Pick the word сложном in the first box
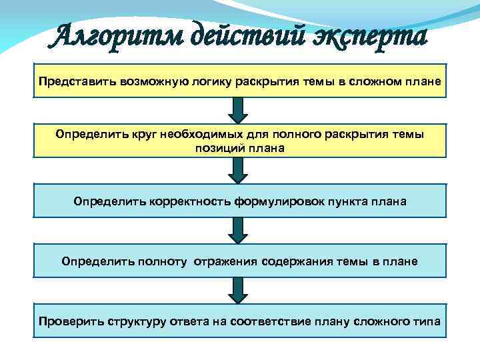pos(379,81)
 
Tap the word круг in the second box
pos(143,135)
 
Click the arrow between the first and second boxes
pos(238,109)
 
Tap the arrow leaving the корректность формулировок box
pos(238,230)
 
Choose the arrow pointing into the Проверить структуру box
pos(238,291)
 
